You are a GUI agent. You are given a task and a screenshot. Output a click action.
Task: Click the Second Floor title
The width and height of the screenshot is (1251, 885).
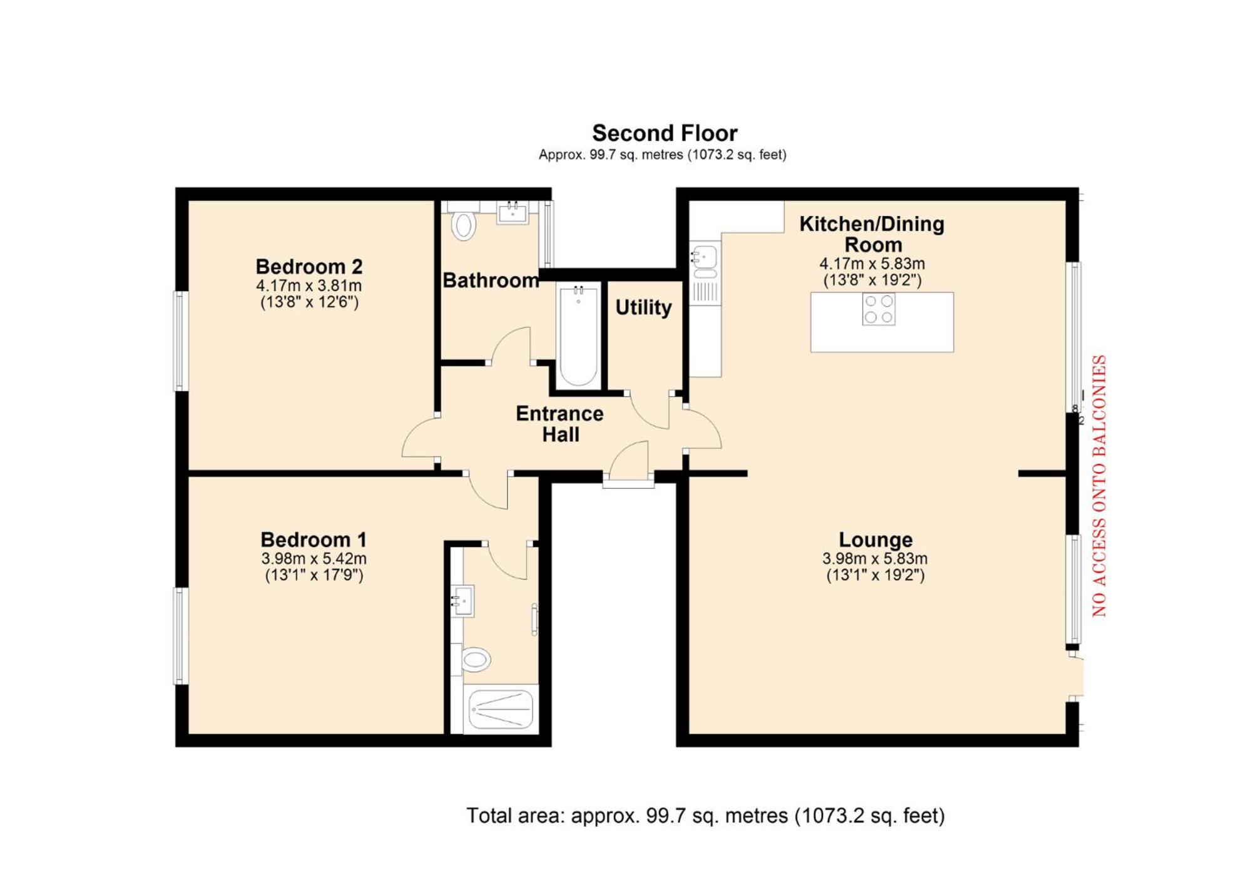click(x=665, y=133)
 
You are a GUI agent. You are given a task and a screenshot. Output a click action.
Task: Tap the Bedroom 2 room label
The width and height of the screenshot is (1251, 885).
click(x=309, y=267)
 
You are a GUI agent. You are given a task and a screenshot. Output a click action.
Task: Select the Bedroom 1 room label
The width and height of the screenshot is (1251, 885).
click(x=314, y=540)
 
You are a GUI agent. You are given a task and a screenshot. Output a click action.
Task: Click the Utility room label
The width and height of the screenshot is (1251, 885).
click(x=643, y=307)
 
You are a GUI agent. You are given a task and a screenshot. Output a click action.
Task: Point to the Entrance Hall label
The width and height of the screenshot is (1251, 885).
click(x=559, y=424)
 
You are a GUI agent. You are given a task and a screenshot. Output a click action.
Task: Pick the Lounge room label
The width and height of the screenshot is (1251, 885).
click(x=876, y=540)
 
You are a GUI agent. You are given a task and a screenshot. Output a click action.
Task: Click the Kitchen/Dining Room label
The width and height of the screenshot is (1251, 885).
click(x=872, y=234)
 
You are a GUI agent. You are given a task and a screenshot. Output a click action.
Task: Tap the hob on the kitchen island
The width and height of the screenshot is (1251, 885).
click(x=879, y=309)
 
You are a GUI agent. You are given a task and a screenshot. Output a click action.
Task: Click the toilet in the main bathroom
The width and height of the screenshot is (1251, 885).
click(x=464, y=225)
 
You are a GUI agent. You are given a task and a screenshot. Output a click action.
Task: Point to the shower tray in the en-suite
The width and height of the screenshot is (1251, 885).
click(x=501, y=709)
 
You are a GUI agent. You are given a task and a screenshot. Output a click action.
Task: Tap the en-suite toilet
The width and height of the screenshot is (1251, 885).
click(x=474, y=659)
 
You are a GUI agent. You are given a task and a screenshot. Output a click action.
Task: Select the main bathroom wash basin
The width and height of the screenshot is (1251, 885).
click(x=513, y=212)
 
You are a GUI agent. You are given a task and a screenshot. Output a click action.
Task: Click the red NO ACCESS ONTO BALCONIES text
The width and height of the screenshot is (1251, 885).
click(x=1100, y=486)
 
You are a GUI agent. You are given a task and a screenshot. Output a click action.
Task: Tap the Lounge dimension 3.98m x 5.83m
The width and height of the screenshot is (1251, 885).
click(x=875, y=558)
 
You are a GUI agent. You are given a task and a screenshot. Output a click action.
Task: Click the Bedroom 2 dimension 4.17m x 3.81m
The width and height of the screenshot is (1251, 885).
click(x=309, y=285)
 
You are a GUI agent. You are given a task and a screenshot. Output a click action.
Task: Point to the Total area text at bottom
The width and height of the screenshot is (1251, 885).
click(x=705, y=816)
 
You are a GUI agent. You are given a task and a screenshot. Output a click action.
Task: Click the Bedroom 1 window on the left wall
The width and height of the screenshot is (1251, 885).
click(x=180, y=635)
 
